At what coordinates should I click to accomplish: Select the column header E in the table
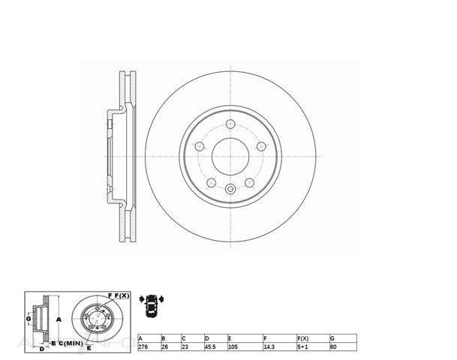[x=230, y=338]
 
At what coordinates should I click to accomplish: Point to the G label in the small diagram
[x=29, y=320]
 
